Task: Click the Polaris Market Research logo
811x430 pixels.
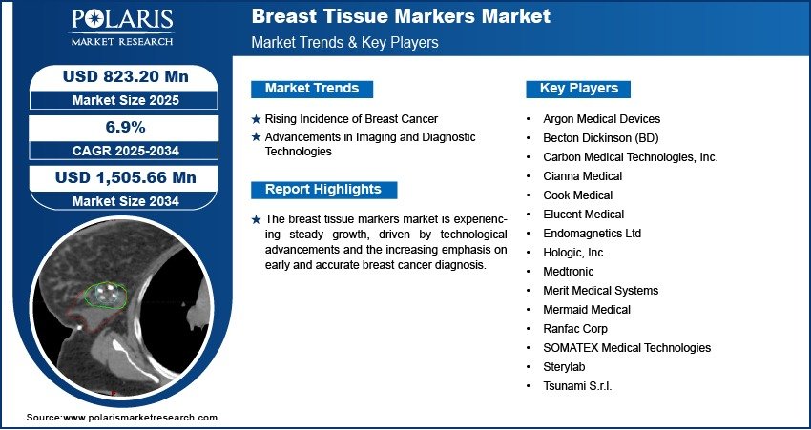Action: click(x=122, y=28)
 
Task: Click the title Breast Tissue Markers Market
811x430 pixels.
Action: click(x=401, y=16)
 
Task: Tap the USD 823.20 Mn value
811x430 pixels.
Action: click(x=126, y=76)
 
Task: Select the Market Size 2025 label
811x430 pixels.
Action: click(x=126, y=100)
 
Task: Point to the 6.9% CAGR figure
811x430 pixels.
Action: click(x=126, y=127)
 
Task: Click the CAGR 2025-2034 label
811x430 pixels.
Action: click(x=126, y=151)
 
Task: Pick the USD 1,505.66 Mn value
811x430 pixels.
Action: click(x=126, y=177)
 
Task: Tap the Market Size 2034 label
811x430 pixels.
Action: click(x=126, y=201)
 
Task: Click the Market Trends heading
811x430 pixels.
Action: click(x=312, y=89)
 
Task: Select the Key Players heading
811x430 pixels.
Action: click(x=579, y=89)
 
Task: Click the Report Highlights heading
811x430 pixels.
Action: click(x=323, y=190)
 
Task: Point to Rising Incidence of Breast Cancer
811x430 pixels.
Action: click(x=351, y=119)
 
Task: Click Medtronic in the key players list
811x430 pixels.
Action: click(x=568, y=272)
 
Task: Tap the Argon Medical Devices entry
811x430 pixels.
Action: click(x=601, y=119)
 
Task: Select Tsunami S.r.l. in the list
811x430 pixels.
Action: click(x=577, y=385)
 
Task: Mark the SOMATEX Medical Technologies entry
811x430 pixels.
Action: click(x=627, y=347)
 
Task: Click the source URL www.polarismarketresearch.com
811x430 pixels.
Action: click(x=139, y=417)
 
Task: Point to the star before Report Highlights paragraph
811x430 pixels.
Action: click(x=256, y=220)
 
